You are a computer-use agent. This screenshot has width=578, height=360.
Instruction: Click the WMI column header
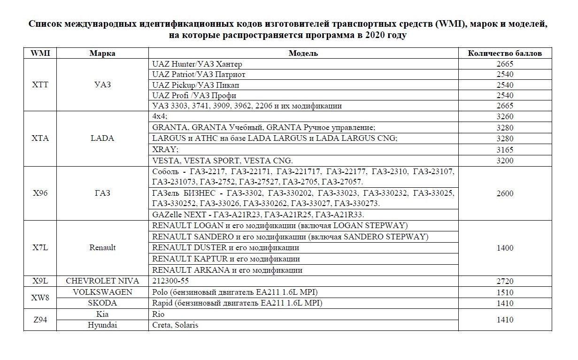(x=40, y=53)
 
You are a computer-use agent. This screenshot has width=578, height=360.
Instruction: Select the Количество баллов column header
(x=505, y=53)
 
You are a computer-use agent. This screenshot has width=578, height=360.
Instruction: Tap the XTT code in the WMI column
(x=40, y=85)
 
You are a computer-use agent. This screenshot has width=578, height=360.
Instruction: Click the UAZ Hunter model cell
(x=197, y=64)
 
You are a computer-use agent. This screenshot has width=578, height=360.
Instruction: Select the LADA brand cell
(x=102, y=138)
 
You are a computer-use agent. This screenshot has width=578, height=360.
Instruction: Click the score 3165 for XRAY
(x=505, y=150)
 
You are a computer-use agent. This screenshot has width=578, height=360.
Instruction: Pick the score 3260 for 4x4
(x=505, y=117)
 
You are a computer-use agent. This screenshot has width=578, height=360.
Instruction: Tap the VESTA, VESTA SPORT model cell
(x=223, y=161)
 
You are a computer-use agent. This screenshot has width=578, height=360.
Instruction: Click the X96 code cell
(x=40, y=193)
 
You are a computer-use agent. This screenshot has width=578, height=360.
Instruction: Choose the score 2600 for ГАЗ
(x=505, y=193)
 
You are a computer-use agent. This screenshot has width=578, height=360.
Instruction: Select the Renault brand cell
(x=102, y=247)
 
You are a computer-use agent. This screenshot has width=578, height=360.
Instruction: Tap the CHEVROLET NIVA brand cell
(x=102, y=281)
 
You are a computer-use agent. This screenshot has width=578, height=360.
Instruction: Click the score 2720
(x=505, y=281)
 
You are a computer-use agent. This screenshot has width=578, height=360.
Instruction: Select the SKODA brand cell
(x=102, y=303)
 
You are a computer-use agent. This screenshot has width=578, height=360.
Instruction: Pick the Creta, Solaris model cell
(x=175, y=325)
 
